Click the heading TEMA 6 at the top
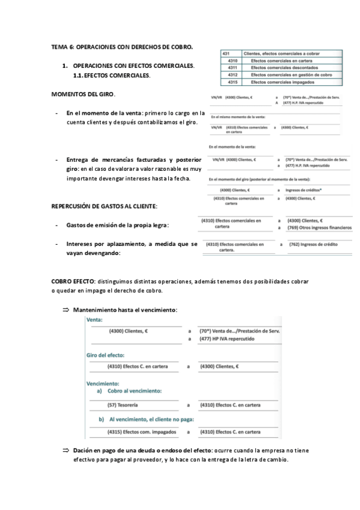pos(122,46)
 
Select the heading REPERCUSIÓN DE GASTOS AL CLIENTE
pos(104,206)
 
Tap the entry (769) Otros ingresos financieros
pos(320,228)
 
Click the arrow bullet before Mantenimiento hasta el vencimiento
pos(66,309)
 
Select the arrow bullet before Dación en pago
pos(66,450)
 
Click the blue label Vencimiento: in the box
pos(103,383)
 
